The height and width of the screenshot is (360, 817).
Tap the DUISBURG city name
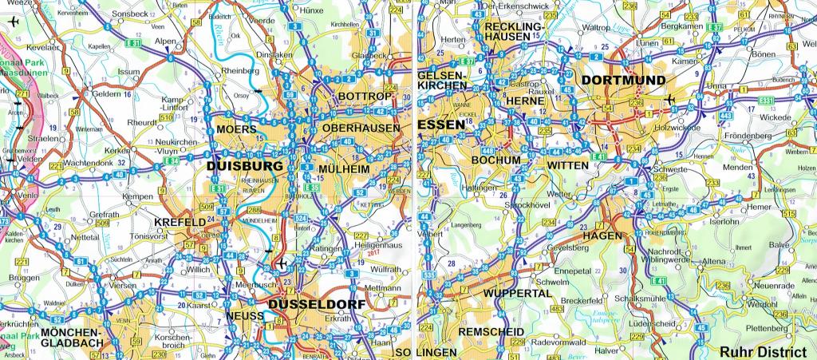(244, 166)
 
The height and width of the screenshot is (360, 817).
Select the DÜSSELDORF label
(317, 305)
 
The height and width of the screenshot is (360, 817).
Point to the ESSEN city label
(440, 125)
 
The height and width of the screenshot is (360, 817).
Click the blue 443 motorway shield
(727, 116)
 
